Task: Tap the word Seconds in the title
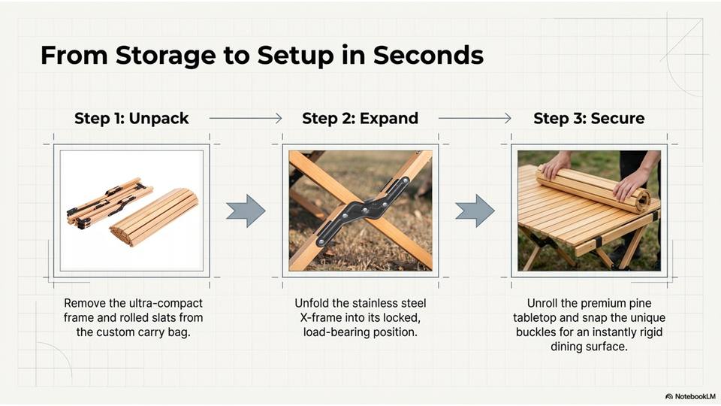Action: click(428, 55)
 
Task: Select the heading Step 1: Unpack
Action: click(131, 119)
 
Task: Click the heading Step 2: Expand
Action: click(360, 119)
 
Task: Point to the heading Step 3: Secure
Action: click(589, 118)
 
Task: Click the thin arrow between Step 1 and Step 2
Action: click(246, 118)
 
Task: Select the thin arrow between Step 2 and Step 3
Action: click(475, 118)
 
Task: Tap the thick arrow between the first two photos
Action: click(246, 211)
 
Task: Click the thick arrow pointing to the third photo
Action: click(475, 211)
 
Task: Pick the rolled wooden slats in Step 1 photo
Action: click(154, 217)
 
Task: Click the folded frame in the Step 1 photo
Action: click(110, 203)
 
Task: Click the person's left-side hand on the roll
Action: click(556, 166)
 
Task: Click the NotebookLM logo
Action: click(690, 396)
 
